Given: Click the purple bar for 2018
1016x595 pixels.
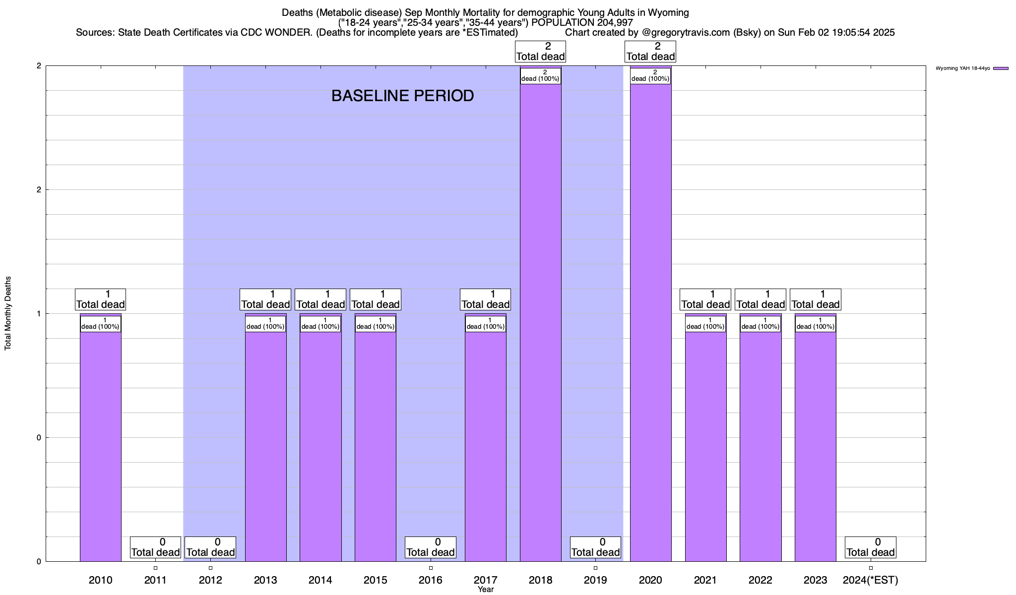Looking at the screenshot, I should point(540,322).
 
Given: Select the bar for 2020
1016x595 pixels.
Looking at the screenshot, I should point(650,322).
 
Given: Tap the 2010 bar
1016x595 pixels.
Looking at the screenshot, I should point(100,446).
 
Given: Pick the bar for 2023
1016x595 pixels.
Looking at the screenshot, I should point(815,446).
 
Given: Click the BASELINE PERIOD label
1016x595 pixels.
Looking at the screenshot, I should point(402,96).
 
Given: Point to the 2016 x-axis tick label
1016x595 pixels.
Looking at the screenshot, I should point(430,580).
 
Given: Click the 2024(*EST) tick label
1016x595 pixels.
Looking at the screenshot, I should point(870,580).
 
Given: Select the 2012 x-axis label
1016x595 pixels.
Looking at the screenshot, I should point(210,580).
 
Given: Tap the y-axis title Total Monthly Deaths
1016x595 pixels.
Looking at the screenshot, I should point(8,313).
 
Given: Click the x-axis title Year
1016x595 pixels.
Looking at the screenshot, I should point(486,590).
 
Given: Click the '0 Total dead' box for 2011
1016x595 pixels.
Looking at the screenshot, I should point(155,547).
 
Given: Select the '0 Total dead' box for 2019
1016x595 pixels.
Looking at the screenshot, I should point(595,547).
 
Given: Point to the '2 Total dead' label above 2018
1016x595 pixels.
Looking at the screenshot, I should point(540,52).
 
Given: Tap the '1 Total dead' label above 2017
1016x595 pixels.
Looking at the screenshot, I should point(485,299).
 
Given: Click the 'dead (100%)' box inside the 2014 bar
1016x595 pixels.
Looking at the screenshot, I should point(320,324).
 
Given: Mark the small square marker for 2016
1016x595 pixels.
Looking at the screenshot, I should point(431,568).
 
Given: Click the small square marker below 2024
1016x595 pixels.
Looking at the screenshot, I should point(871,568).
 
